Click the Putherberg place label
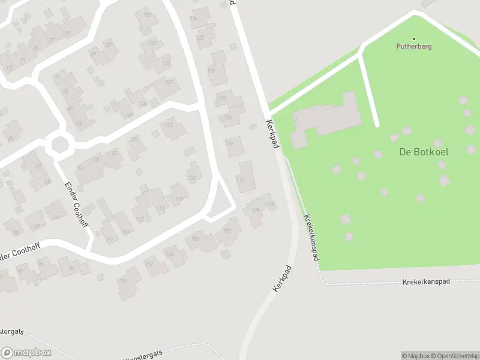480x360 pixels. (x=414, y=46)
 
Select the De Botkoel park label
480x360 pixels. (x=424, y=152)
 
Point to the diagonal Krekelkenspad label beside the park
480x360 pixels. (x=311, y=238)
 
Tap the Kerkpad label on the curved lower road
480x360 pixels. (x=283, y=278)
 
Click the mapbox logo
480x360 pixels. (x=26, y=353)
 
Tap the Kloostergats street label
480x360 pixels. (x=144, y=354)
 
